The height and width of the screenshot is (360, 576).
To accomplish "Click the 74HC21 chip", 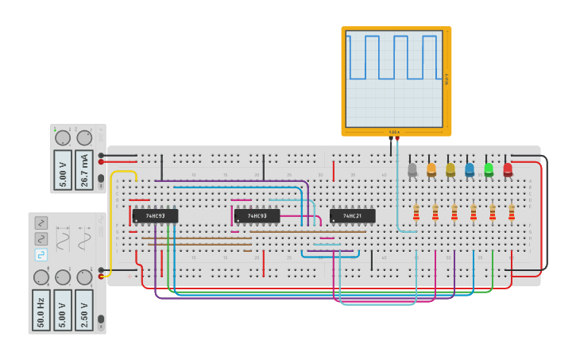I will pyautogui.click(x=352, y=215).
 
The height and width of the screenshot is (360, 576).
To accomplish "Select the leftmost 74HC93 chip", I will pyautogui.click(x=155, y=215).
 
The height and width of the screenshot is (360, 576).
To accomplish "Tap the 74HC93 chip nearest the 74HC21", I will pyautogui.click(x=257, y=215).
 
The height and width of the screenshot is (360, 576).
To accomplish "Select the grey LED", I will pyautogui.click(x=412, y=169).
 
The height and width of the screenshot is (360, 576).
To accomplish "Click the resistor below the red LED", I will pyautogui.click(x=512, y=211).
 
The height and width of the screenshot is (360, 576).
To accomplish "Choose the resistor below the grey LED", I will pyautogui.click(x=416, y=211).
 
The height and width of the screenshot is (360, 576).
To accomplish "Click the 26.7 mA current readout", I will pyautogui.click(x=84, y=170).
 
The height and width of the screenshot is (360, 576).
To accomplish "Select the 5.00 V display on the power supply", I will pyautogui.click(x=63, y=170).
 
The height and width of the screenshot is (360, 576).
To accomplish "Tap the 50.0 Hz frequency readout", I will pyautogui.click(x=41, y=309).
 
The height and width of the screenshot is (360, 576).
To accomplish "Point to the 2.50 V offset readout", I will pyautogui.click(x=84, y=309).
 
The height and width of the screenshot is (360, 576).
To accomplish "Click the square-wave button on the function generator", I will pyautogui.click(x=41, y=254).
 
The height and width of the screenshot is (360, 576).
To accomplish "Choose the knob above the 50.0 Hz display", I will pyautogui.click(x=41, y=277).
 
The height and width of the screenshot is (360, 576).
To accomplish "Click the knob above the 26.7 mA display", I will pyautogui.click(x=84, y=137).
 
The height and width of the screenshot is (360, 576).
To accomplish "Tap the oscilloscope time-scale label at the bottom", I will pyautogui.click(x=394, y=132).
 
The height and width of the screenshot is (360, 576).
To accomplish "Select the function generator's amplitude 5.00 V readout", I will pyautogui.click(x=63, y=309).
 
